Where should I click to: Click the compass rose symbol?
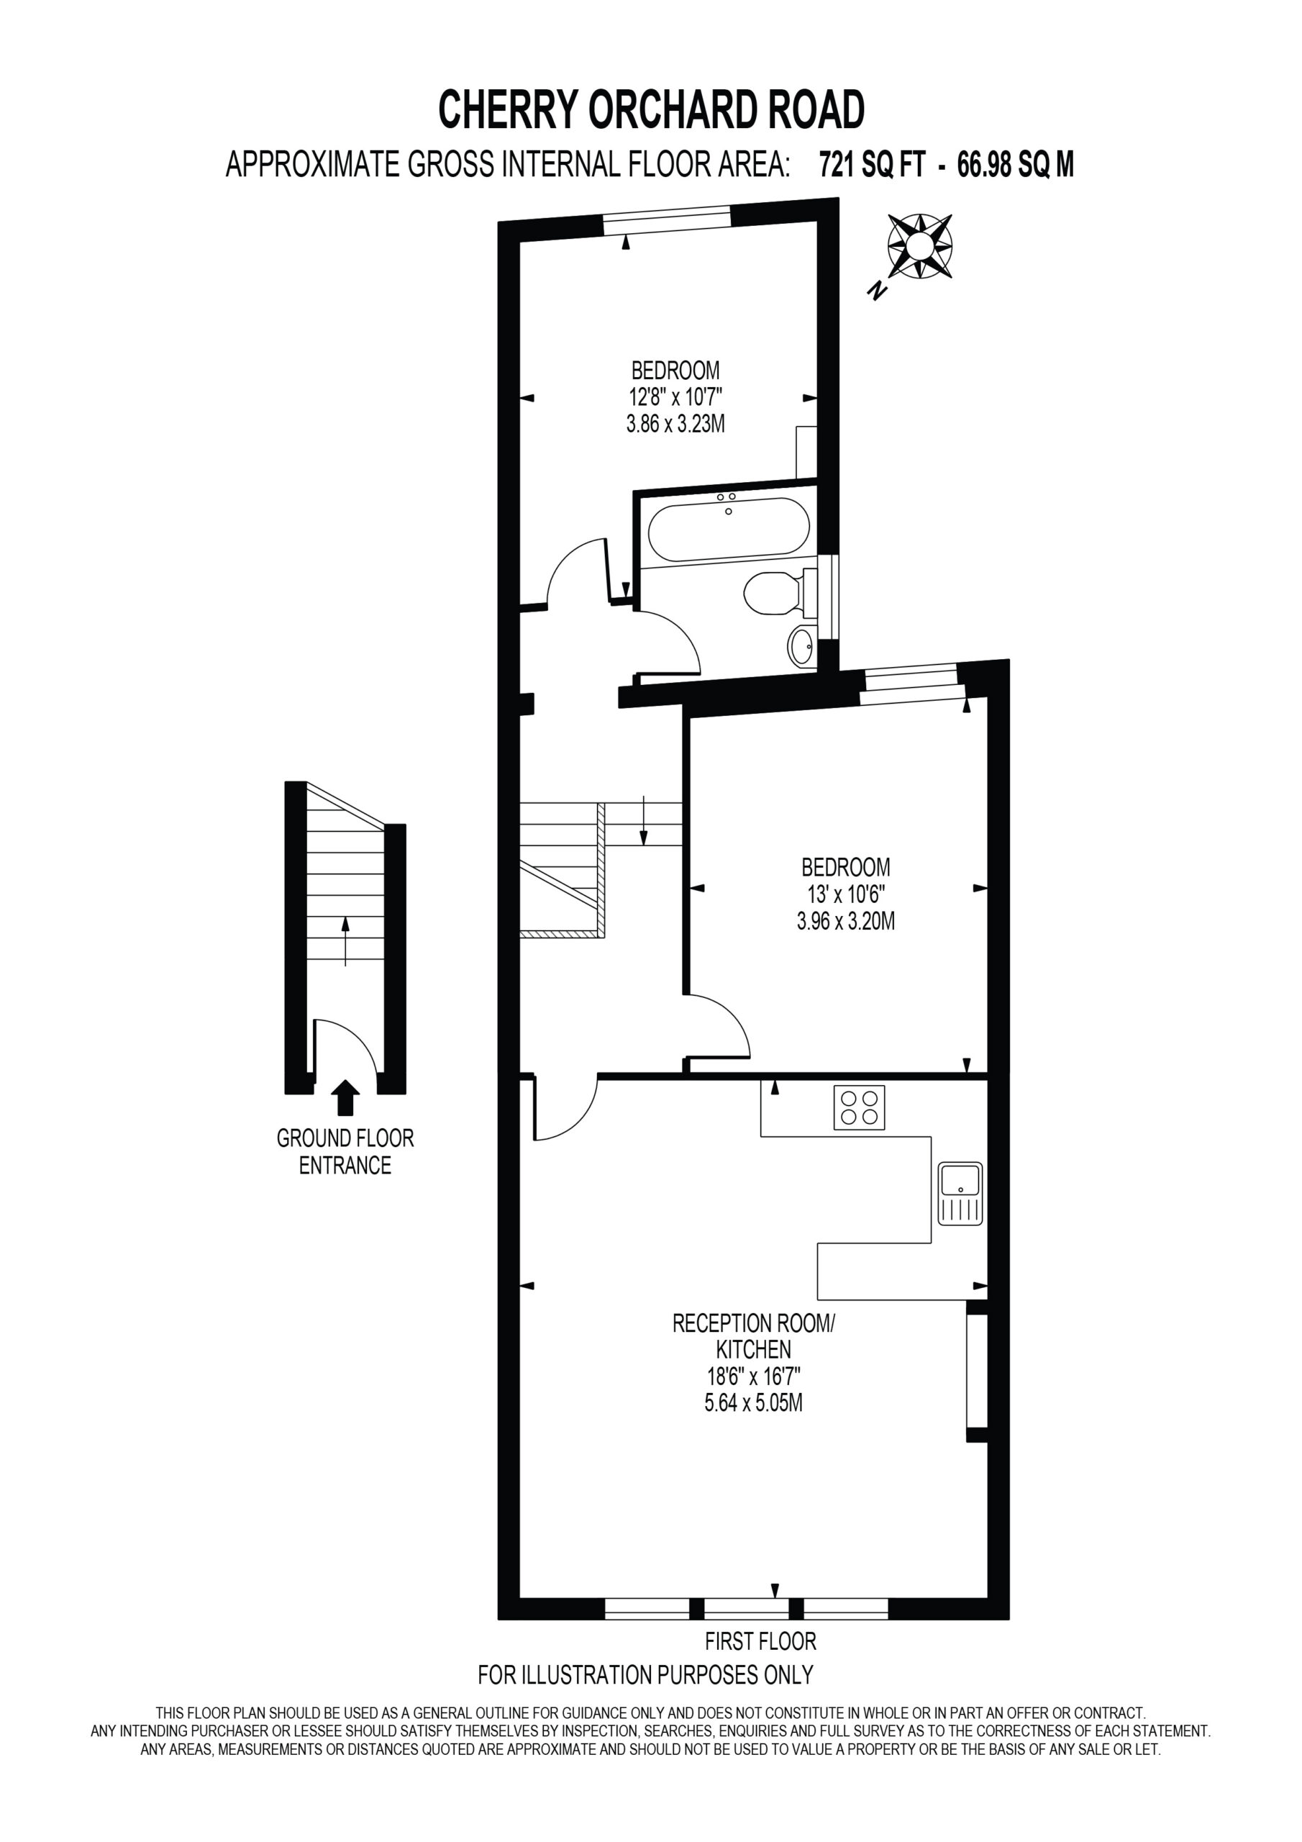click(x=919, y=246)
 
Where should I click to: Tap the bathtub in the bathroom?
click(x=729, y=530)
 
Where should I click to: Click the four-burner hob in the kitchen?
click(x=859, y=1107)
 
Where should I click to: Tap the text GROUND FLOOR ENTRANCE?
click(x=345, y=1151)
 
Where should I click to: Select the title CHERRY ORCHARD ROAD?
click(x=652, y=110)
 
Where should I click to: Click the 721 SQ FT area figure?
click(x=872, y=165)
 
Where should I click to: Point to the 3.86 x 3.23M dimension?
click(x=675, y=424)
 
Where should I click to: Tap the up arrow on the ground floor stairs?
click(x=346, y=941)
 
